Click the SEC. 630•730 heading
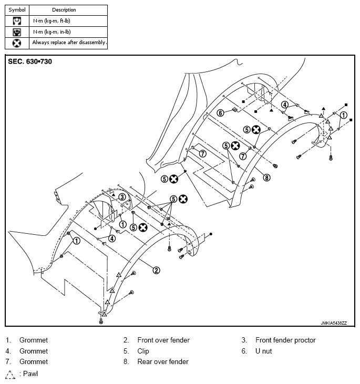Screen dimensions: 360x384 30,61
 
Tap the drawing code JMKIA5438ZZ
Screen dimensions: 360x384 334,323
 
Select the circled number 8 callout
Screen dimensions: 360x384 266,178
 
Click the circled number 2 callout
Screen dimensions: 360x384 157,271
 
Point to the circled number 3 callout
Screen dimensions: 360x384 122,197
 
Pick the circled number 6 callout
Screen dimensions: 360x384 221,113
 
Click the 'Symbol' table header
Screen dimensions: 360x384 17,10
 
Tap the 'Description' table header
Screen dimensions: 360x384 64,10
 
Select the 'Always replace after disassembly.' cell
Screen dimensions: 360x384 69,43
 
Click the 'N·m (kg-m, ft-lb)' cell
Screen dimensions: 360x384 52,21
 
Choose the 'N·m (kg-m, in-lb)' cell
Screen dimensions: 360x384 52,32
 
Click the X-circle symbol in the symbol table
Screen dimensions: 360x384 17,44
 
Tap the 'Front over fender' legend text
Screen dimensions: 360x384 163,340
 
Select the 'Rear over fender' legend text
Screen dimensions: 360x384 163,361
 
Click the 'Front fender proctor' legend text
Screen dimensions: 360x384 285,340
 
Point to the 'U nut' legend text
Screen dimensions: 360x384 263,351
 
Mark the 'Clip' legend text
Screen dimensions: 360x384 143,351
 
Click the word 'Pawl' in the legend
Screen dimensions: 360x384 30,373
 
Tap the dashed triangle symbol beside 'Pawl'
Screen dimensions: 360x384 10,375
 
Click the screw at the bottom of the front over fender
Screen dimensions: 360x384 101,321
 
